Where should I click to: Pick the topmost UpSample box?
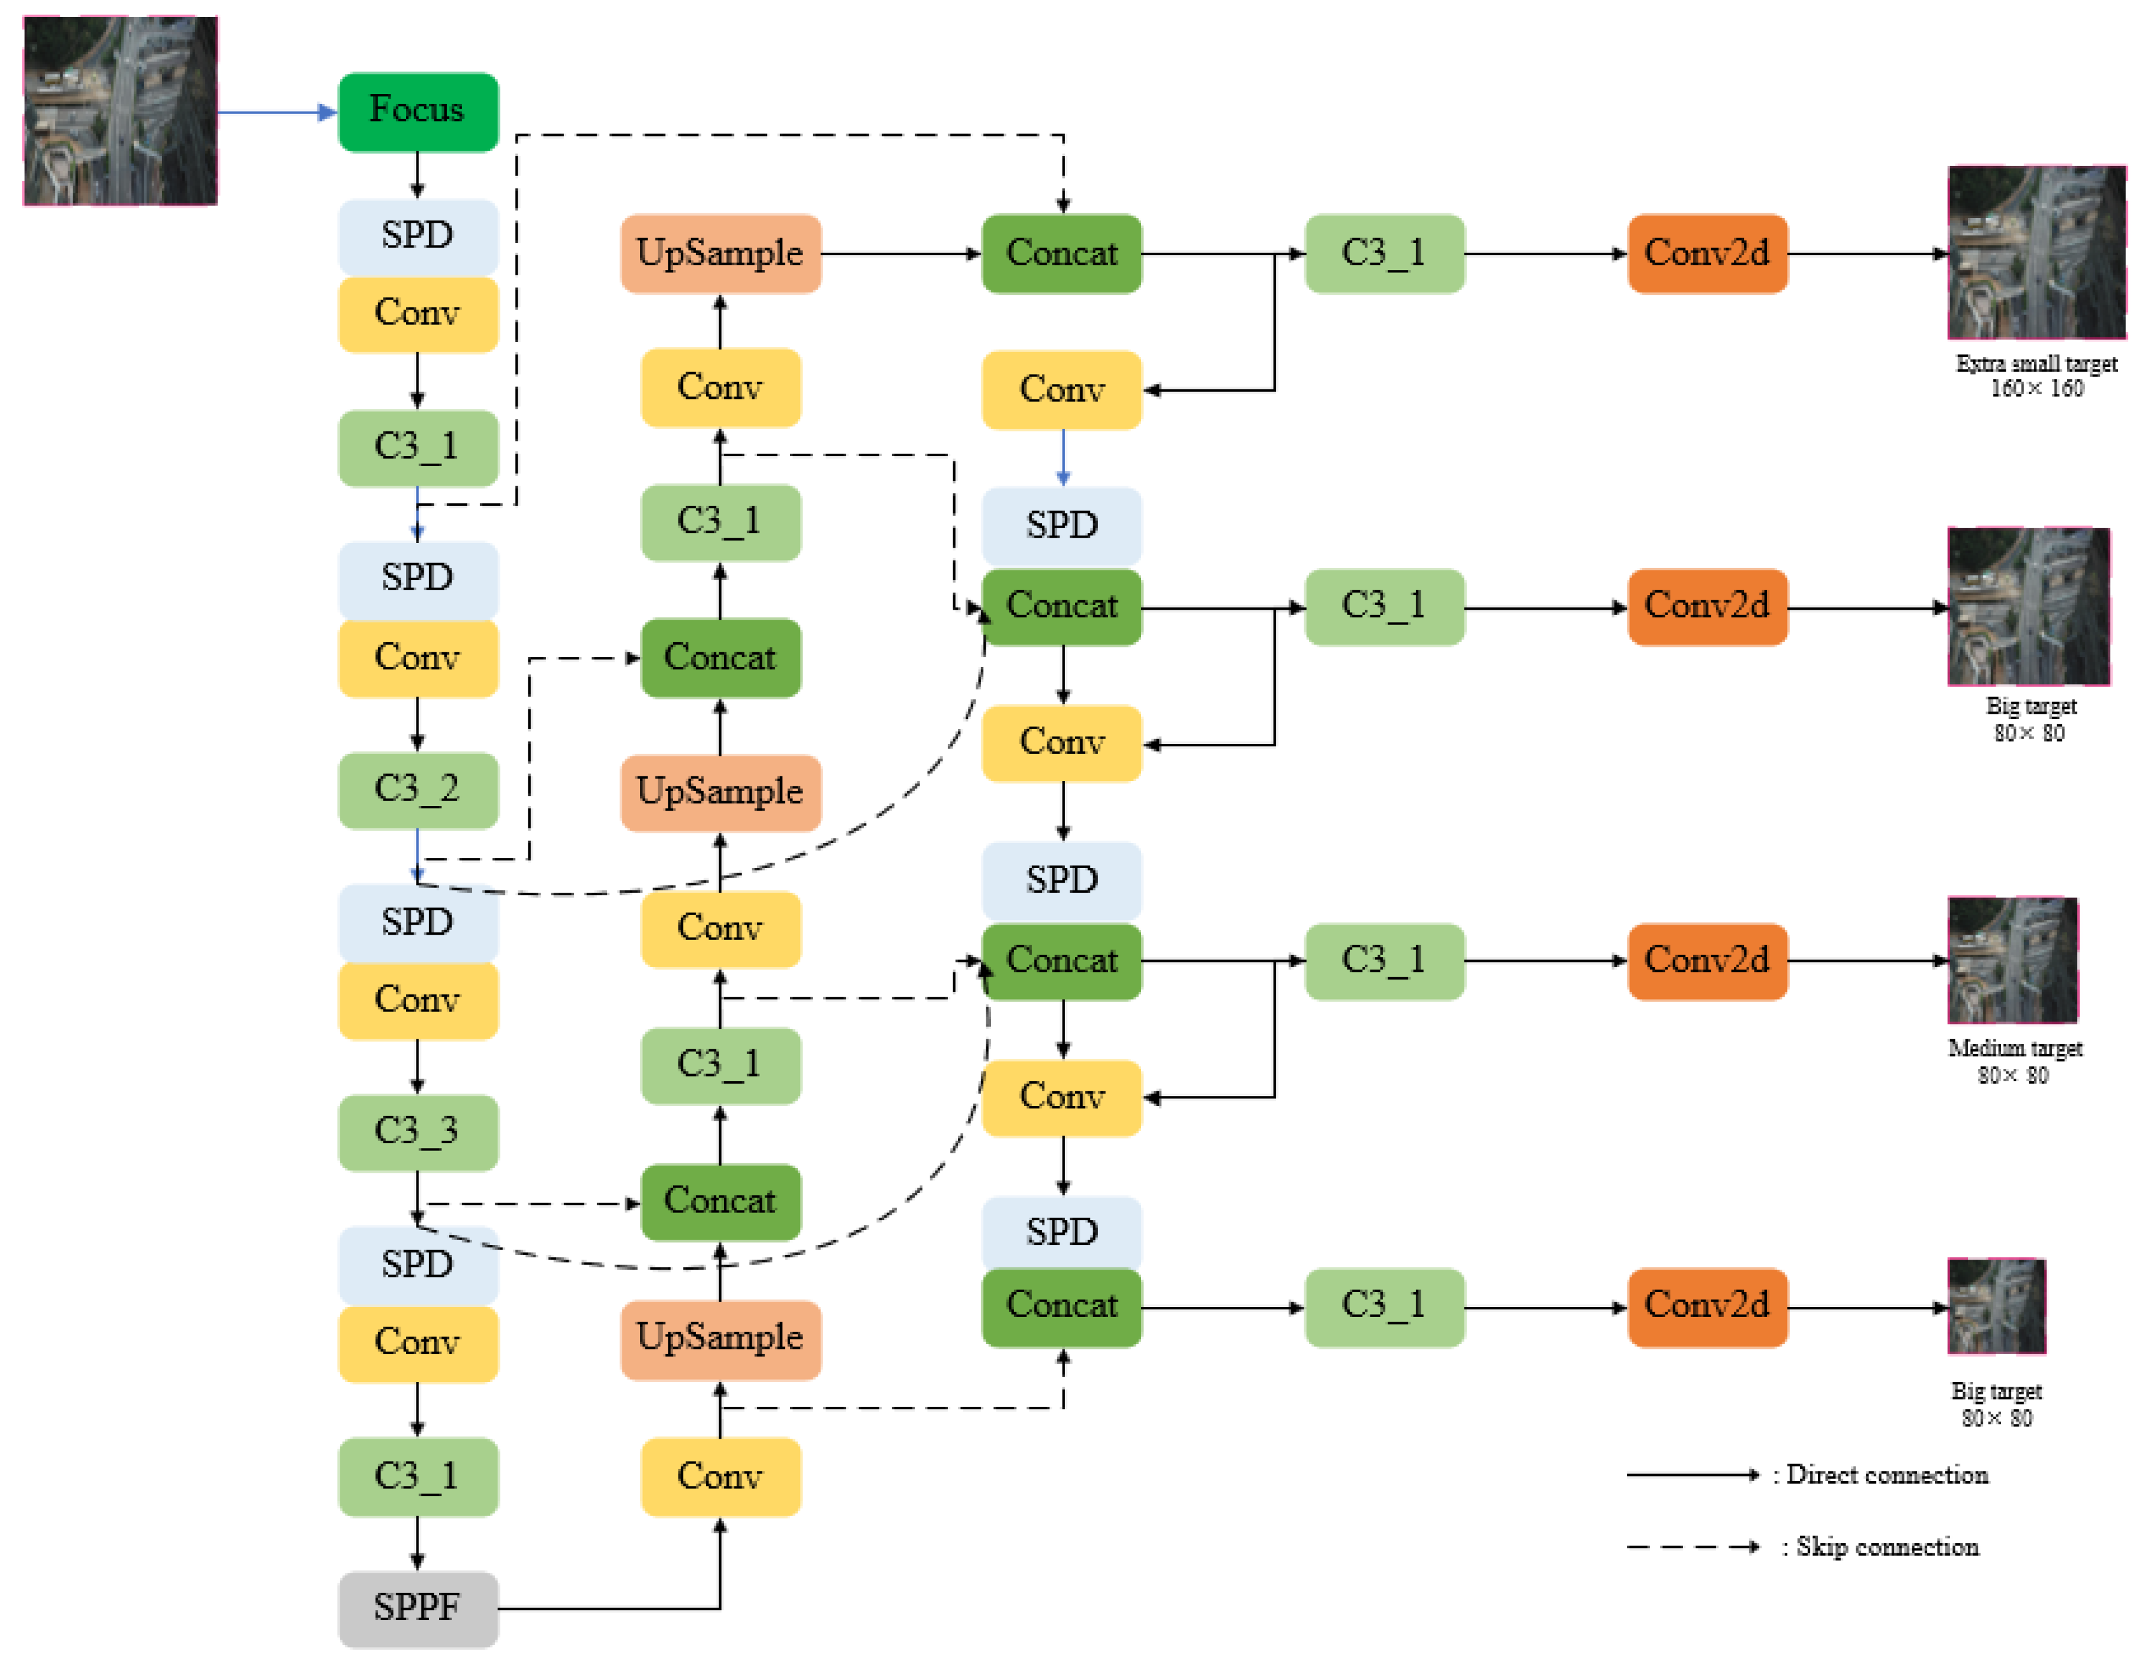pyautogui.click(x=720, y=253)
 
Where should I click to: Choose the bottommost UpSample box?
pyautogui.click(x=720, y=1338)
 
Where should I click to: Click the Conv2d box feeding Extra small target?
pyautogui.click(x=1707, y=253)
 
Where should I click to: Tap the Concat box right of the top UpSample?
pyautogui.click(x=1061, y=253)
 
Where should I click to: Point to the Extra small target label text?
pyautogui.click(x=2036, y=364)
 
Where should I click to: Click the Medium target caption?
pyautogui.click(x=2015, y=1049)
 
